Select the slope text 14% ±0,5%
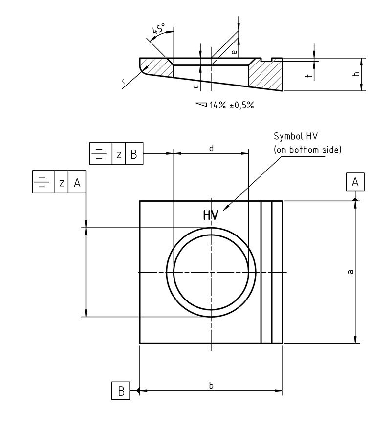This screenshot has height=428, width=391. click(232, 105)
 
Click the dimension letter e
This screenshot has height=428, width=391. click(234, 51)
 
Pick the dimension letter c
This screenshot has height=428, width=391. click(195, 86)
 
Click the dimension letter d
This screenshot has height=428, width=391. click(211, 147)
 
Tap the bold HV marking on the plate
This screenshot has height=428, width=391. click(211, 215)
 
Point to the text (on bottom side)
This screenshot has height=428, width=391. click(307, 150)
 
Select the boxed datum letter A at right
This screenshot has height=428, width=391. click(355, 182)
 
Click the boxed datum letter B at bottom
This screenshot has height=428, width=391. click(121, 391)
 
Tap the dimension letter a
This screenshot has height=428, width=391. click(350, 272)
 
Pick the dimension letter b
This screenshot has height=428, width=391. click(211, 385)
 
